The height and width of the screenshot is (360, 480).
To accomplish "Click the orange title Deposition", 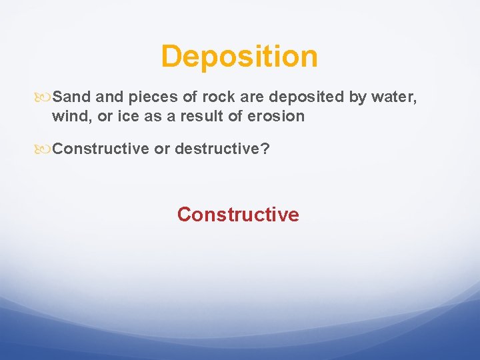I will [239, 57].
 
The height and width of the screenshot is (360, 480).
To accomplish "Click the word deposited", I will [301, 97].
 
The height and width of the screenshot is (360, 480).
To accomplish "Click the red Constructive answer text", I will [238, 215].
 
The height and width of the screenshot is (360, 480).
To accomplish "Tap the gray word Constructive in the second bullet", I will [101, 149].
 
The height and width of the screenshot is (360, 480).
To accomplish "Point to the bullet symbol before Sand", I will [45, 98].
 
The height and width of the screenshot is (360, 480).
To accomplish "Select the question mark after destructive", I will [266, 149].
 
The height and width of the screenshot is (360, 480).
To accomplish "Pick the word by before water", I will [357, 97].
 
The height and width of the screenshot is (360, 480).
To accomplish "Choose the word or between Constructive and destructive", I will [161, 149].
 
